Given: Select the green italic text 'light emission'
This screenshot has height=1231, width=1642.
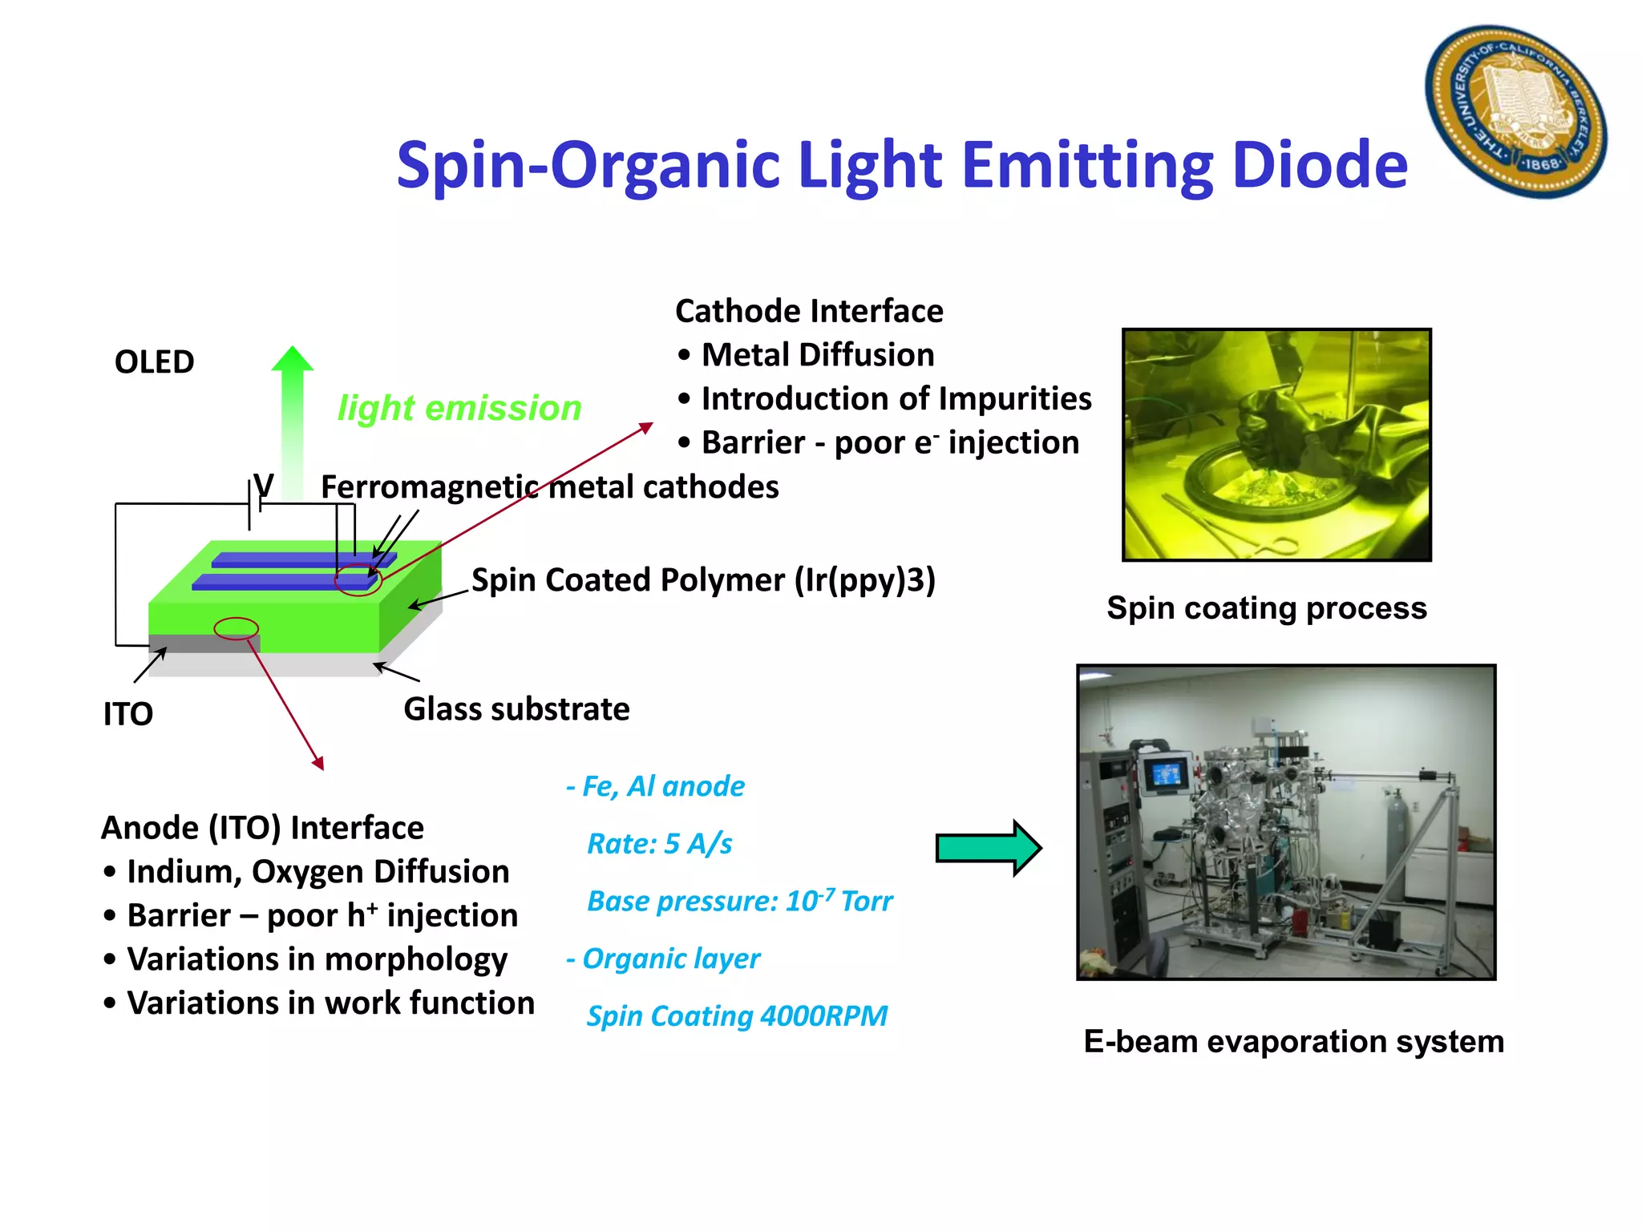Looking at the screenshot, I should click(459, 408).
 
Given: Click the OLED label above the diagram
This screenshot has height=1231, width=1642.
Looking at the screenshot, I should click(154, 362).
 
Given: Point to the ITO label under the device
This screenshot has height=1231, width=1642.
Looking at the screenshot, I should click(128, 714).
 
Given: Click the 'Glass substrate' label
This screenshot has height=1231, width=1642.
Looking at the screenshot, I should click(516, 709).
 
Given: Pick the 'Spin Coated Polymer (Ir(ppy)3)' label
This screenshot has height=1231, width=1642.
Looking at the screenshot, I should click(703, 580).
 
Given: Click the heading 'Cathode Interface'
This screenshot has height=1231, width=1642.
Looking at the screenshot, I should click(809, 311).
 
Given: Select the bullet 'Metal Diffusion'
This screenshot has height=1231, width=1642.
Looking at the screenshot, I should click(818, 355).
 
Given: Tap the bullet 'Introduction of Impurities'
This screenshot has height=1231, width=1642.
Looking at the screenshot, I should click(896, 399).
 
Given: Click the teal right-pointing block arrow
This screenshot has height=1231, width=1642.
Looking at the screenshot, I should click(988, 848).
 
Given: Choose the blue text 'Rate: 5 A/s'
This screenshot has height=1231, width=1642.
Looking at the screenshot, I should click(659, 844).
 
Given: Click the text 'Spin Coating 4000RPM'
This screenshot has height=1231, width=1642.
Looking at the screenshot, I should click(737, 1016).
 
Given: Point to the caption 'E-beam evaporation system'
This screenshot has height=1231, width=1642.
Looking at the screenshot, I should click(1293, 1042).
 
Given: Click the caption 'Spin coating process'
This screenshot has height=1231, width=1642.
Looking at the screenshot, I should click(1267, 608).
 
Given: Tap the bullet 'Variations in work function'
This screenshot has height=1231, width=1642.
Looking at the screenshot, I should click(330, 1003).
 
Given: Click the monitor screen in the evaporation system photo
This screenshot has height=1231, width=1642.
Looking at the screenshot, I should click(1164, 774).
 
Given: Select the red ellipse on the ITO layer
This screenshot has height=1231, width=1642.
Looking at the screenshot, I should click(237, 628).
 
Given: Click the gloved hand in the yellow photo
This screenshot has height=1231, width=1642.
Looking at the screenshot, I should click(1275, 425).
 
